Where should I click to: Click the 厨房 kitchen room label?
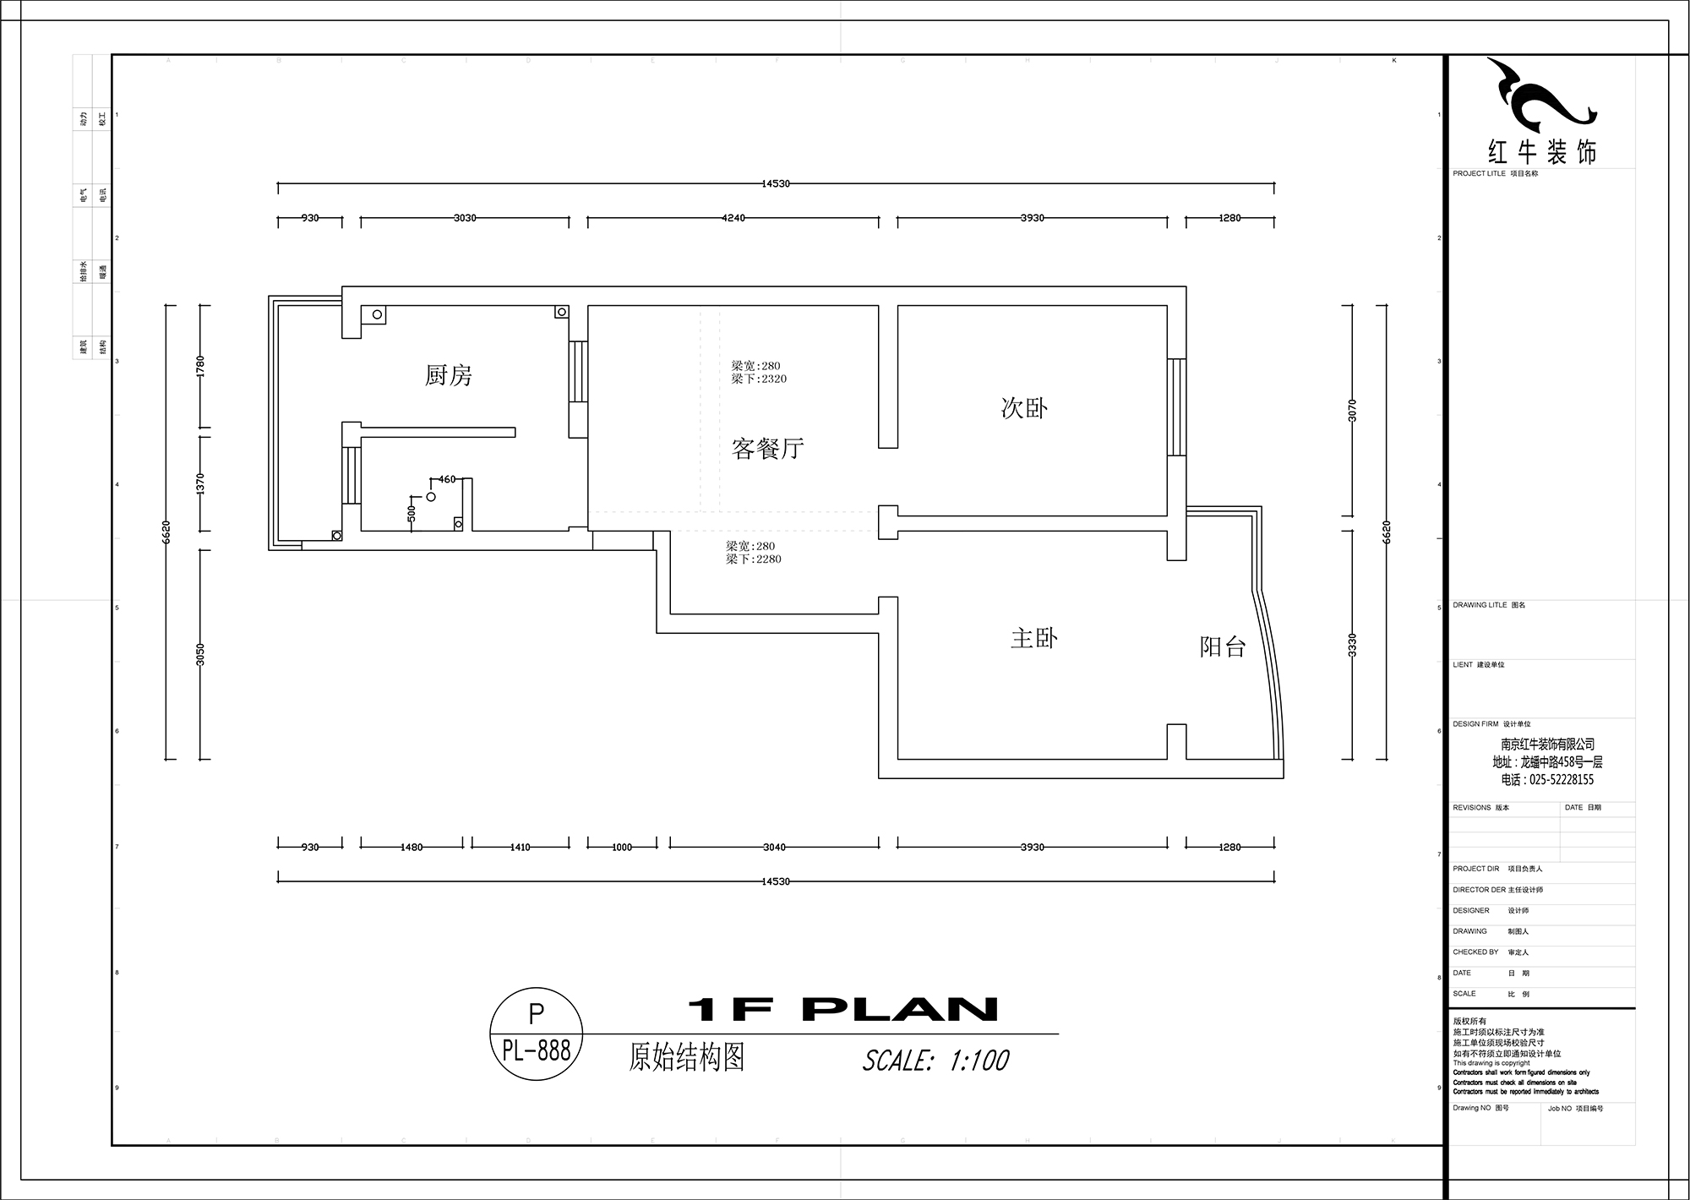tap(449, 375)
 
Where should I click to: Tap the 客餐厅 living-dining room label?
tap(767, 448)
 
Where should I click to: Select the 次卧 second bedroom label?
tap(1024, 408)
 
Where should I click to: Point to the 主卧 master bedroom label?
tap(1034, 638)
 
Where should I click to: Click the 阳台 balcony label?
tap(1223, 647)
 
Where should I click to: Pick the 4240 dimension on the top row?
tap(733, 218)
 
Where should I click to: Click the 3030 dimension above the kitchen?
tap(465, 218)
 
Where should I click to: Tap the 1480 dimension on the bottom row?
tap(412, 847)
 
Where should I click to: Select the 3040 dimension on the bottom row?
tap(774, 847)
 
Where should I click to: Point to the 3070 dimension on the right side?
tap(1352, 411)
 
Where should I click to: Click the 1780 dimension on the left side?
tap(200, 366)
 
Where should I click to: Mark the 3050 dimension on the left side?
tap(200, 655)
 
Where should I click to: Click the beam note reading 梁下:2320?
tap(759, 379)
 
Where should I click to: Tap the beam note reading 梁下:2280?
tap(754, 559)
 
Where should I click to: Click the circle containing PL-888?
tap(537, 1034)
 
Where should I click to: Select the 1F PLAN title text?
tap(842, 1009)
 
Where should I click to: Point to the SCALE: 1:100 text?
tap(935, 1061)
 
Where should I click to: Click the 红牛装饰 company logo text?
tap(1541, 153)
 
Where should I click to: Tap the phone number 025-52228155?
tap(1548, 780)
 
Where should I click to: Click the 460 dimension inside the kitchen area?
tap(447, 479)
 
